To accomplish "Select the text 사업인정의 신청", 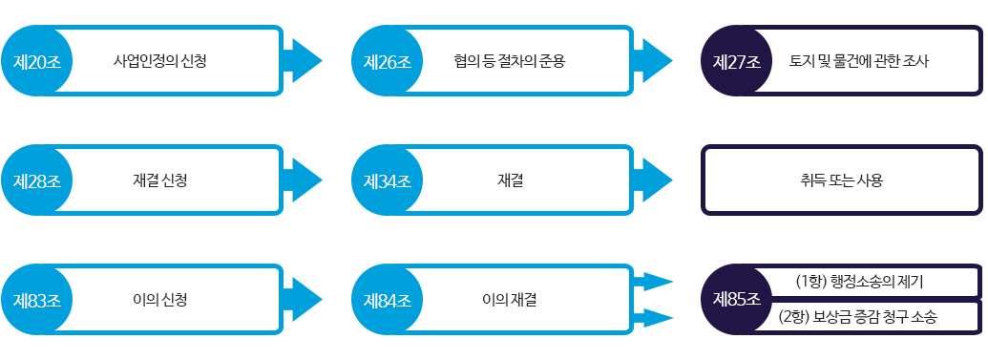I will [159, 62].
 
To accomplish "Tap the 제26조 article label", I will [387, 62].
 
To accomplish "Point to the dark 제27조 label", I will [736, 62].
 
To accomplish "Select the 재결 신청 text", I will [159, 180].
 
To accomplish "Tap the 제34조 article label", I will [387, 180].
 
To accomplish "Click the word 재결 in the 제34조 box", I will [510, 180].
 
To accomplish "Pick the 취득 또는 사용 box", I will [842, 180].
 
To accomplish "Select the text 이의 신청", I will [159, 300].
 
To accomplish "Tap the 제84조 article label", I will [387, 300].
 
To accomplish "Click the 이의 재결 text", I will [510, 300].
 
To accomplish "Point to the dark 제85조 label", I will [736, 299].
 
